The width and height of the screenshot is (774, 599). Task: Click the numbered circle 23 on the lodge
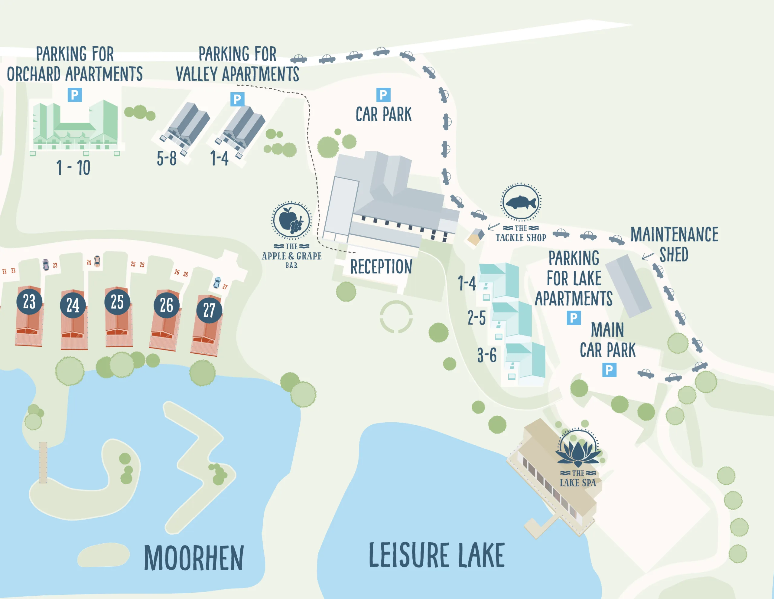click(x=29, y=302)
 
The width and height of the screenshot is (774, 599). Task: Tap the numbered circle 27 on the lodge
click(x=209, y=311)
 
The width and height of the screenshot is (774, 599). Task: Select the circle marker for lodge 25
click(x=117, y=302)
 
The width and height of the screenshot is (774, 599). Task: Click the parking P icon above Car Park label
click(x=383, y=95)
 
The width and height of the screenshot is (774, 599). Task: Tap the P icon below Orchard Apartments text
click(x=75, y=95)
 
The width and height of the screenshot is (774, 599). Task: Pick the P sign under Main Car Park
click(x=609, y=370)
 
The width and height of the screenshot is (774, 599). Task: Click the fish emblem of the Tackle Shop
click(x=521, y=202)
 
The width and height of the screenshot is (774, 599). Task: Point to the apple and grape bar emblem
click(x=291, y=220)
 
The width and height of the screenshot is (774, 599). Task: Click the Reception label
click(x=381, y=267)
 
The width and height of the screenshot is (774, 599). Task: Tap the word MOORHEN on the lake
click(x=194, y=558)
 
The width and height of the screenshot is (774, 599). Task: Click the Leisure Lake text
click(x=437, y=555)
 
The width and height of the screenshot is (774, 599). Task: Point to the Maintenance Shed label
click(x=674, y=244)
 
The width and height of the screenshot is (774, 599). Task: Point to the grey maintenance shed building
click(x=628, y=286)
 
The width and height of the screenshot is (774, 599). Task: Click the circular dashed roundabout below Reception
click(x=396, y=317)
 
